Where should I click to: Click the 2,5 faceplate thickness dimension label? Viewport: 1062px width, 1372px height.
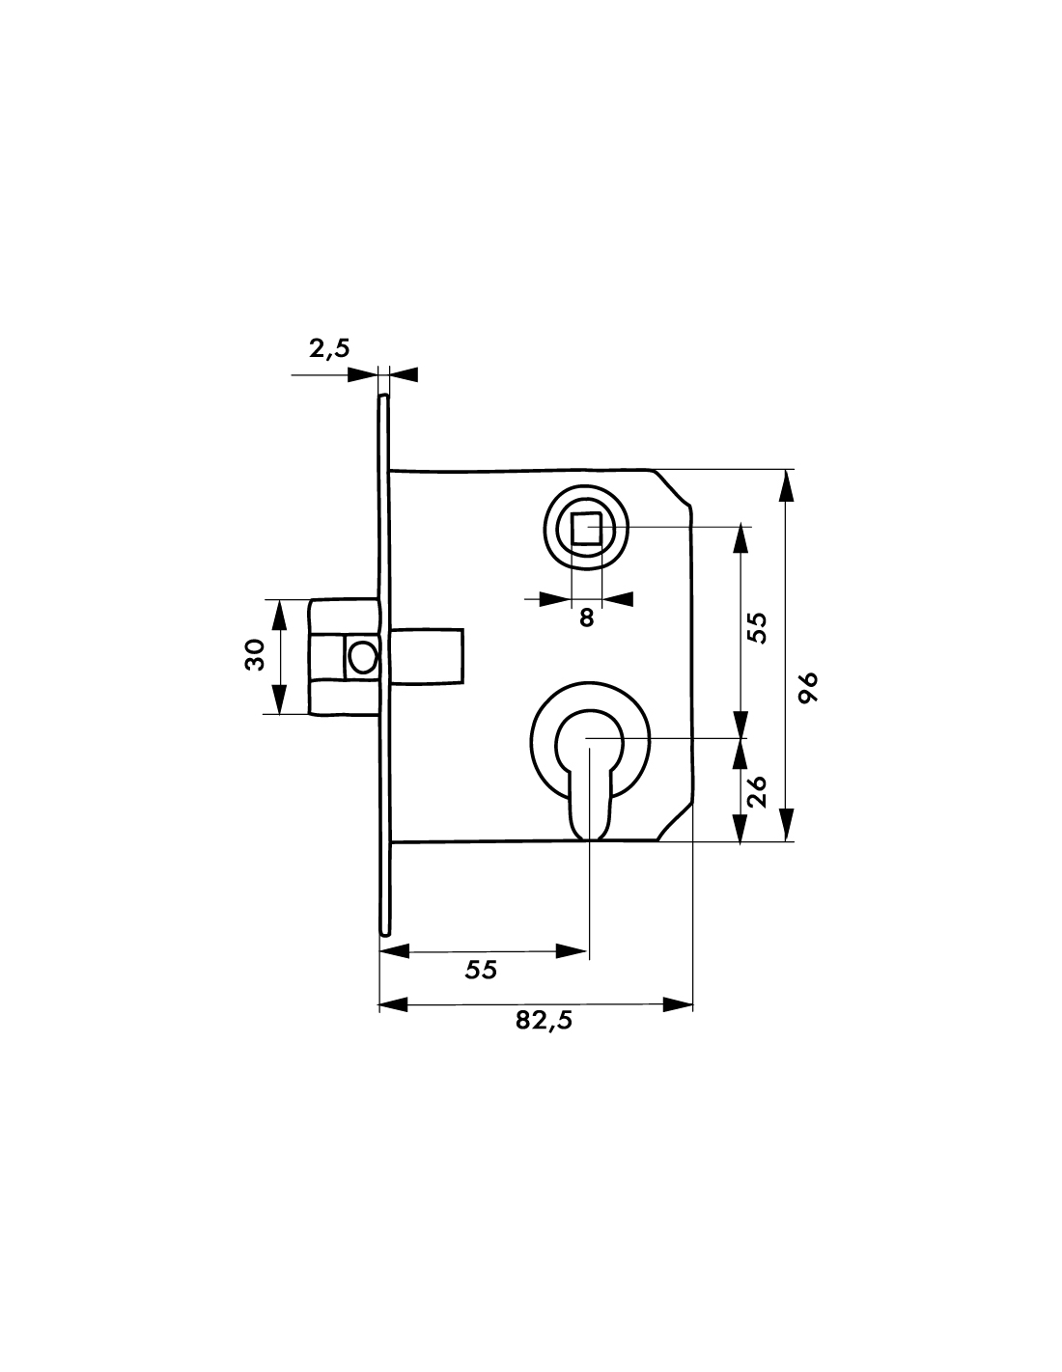(329, 348)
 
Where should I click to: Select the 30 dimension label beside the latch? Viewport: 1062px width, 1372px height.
(255, 655)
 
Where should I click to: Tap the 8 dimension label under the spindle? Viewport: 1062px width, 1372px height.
(587, 617)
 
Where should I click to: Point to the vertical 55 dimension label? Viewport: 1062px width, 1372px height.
(756, 627)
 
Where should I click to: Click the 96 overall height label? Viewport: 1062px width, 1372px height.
(808, 688)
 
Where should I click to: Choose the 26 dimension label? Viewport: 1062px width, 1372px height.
(756, 792)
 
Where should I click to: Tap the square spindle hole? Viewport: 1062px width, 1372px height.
(586, 529)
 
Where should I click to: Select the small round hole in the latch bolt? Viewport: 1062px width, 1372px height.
(363, 657)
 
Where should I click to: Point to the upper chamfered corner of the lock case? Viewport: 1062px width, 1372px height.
(672, 487)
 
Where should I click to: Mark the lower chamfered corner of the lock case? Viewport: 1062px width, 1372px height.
(675, 823)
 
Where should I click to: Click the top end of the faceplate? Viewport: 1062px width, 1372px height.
(383, 397)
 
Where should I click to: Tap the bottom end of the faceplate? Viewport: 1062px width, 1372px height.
(384, 934)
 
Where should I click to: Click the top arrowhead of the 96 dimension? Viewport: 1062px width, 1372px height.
(786, 485)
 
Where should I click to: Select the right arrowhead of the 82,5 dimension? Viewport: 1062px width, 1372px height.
(677, 1004)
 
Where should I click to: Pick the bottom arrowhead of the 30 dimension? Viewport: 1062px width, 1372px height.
(279, 699)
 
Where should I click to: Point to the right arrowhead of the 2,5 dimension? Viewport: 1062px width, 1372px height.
(403, 374)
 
